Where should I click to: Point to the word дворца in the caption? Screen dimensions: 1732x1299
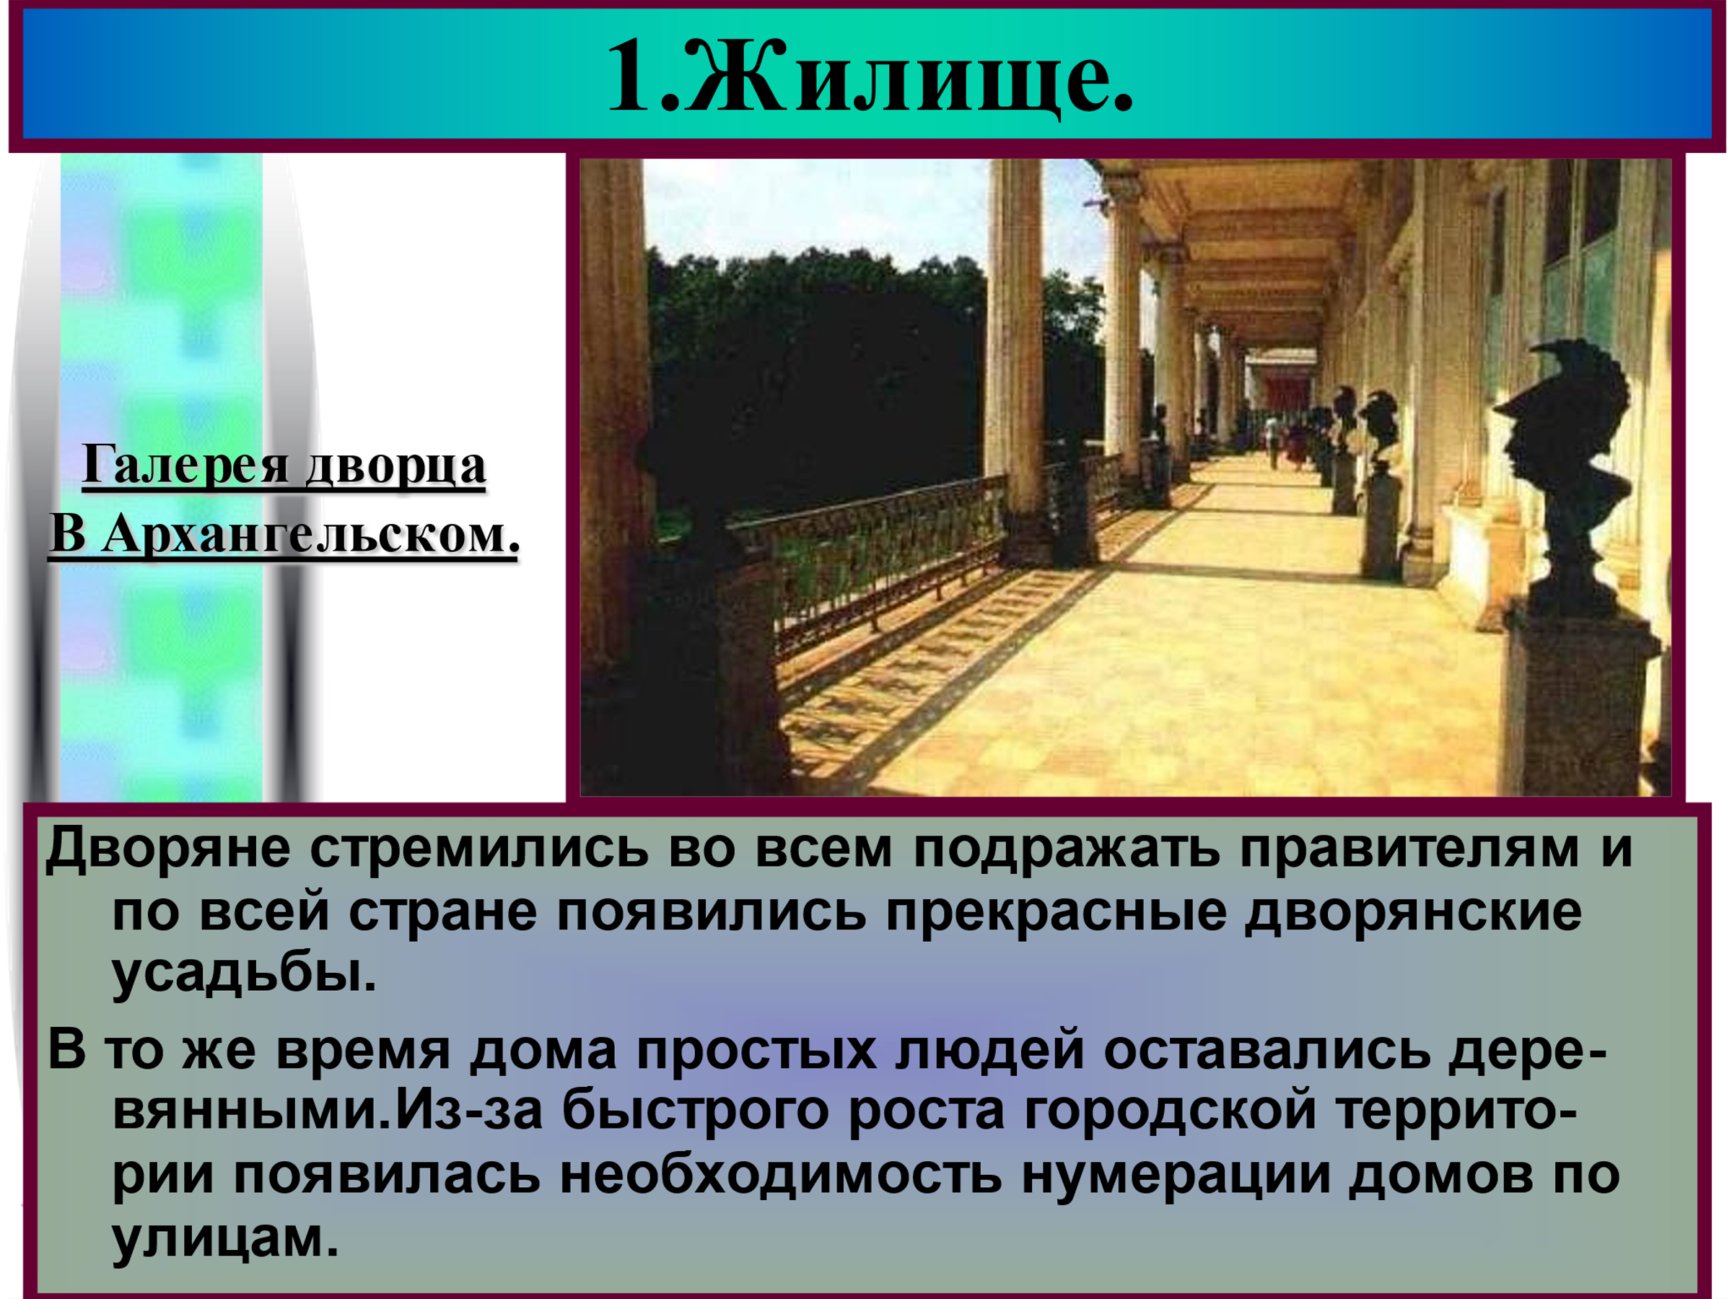395,467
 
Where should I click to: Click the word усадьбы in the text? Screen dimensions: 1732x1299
243,976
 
